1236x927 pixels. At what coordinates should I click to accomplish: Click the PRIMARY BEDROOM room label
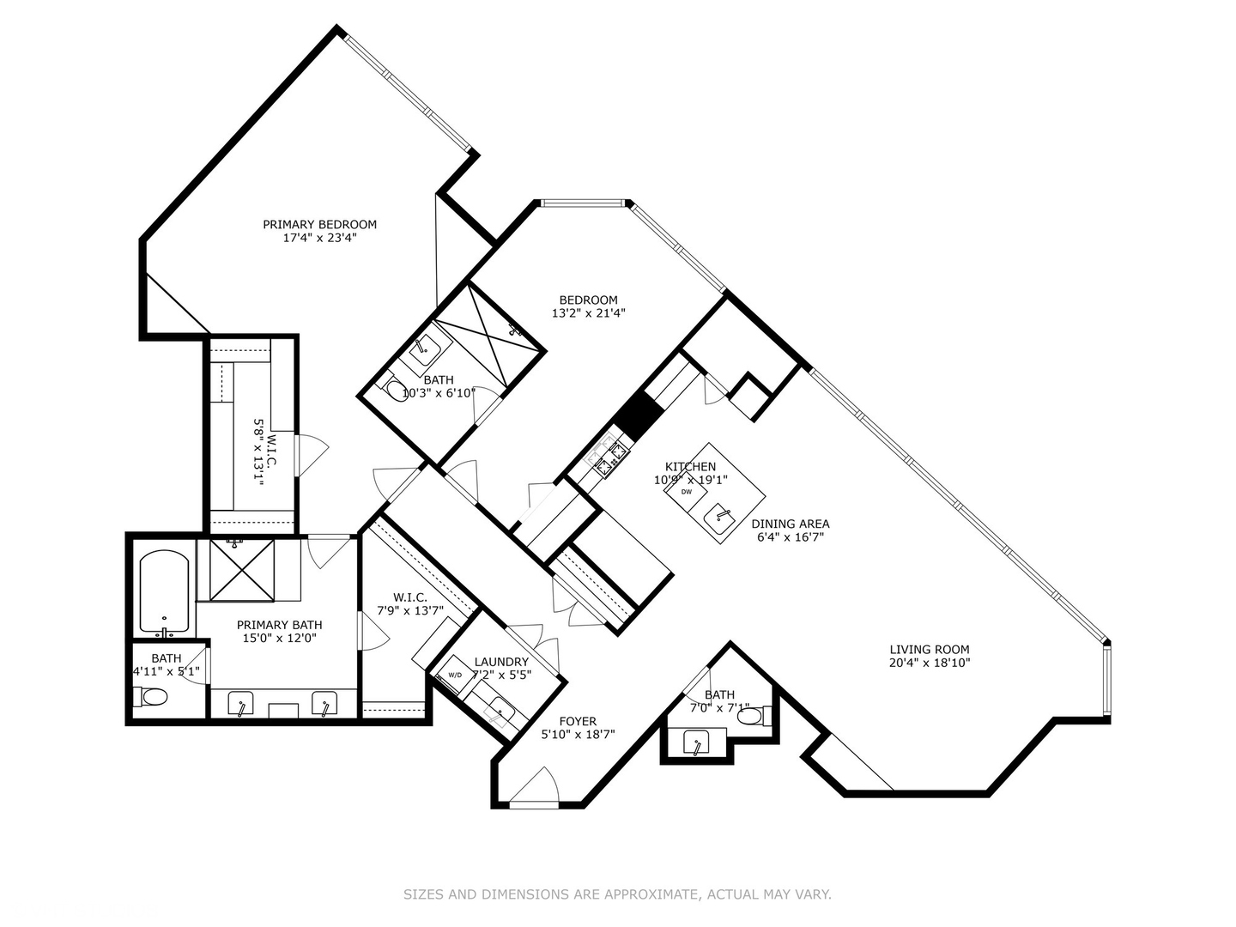(319, 225)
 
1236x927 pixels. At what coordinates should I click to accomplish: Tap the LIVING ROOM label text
(929, 650)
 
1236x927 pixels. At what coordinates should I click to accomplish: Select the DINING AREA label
(790, 524)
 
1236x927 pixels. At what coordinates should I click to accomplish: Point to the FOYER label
(578, 721)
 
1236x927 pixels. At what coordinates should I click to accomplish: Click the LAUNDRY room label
(501, 662)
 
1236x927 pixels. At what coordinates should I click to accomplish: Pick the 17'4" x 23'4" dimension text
(319, 238)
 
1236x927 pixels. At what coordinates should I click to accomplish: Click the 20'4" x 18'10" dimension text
(929, 663)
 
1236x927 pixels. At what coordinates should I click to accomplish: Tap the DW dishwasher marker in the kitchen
(686, 491)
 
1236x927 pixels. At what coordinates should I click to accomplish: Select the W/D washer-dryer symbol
(454, 675)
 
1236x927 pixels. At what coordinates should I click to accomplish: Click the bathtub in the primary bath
(164, 591)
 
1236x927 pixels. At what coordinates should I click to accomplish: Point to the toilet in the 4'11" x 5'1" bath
(150, 697)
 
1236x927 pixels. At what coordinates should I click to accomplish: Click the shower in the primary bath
(241, 570)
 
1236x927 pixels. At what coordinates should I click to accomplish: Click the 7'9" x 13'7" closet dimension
(410, 610)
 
